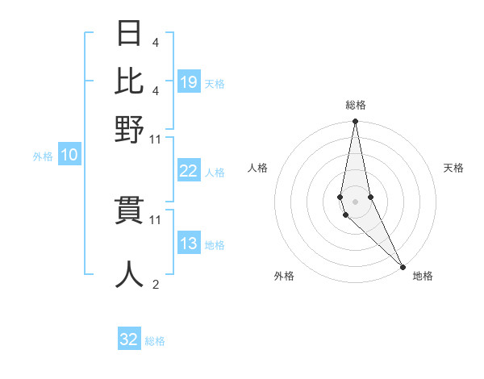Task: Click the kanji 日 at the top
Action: point(129,34)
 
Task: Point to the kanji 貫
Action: point(129,211)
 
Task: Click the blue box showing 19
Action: point(189,82)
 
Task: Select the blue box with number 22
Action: point(189,171)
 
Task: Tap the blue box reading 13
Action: point(189,244)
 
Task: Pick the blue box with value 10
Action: point(69,156)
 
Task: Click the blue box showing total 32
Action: point(129,339)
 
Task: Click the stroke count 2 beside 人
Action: point(155,285)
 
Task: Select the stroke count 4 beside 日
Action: point(155,42)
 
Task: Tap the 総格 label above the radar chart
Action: point(356,105)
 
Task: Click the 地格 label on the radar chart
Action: point(423,276)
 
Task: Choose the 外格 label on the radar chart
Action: point(284,276)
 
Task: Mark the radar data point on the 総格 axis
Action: point(355,122)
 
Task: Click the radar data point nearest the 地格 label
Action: point(403,265)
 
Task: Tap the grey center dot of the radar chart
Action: point(355,200)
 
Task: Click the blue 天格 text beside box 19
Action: point(215,83)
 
